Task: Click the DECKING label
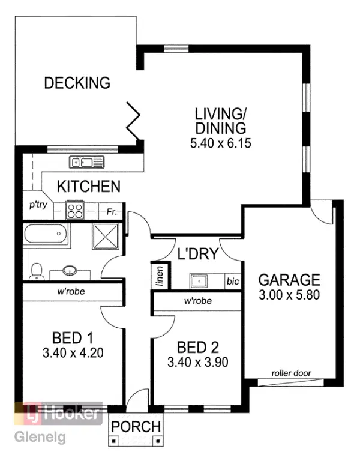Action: (77, 83)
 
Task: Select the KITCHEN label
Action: (89, 187)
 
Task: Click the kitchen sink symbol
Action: (87, 161)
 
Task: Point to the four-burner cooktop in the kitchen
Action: (74, 211)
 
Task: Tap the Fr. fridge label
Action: (112, 212)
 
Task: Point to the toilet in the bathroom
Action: (37, 271)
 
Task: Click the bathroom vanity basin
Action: (70, 271)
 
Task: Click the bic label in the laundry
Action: (232, 280)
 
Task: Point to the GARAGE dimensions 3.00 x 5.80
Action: (289, 295)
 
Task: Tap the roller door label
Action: (291, 373)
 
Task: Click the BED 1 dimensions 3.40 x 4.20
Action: (73, 352)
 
